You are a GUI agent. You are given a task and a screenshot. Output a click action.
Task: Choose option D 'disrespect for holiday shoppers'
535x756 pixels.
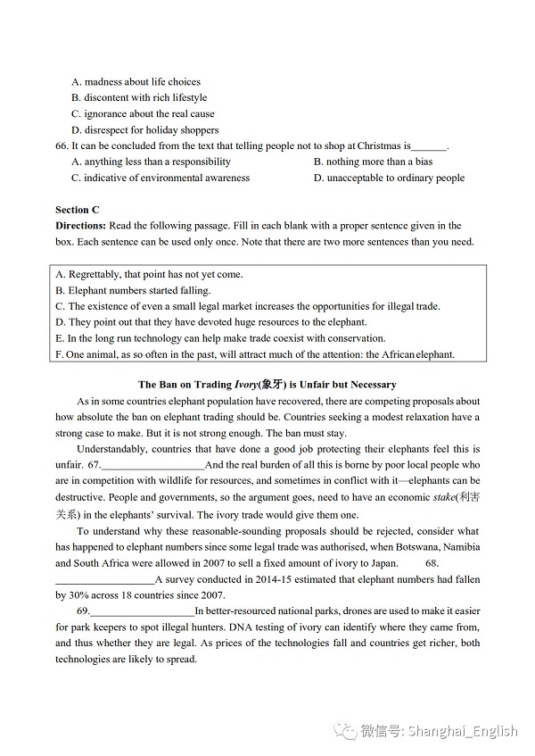click(145, 130)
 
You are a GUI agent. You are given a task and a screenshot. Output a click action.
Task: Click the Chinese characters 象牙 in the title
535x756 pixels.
click(271, 385)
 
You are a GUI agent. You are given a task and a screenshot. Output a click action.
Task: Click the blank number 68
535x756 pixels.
click(432, 563)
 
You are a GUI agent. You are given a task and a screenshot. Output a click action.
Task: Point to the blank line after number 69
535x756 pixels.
click(143, 612)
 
